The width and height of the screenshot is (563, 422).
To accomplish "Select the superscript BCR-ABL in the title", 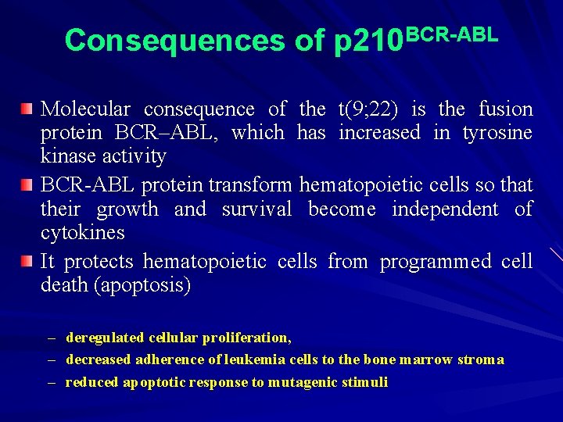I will tap(452, 33).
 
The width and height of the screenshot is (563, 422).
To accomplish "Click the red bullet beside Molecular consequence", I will tap(27, 108).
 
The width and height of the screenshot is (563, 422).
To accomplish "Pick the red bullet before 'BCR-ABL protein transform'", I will tap(27, 184).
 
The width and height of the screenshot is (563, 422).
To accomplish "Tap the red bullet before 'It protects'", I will tap(27, 261).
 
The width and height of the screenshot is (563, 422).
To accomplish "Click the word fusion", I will tap(505, 109).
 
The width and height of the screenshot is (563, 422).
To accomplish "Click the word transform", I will tap(250, 185).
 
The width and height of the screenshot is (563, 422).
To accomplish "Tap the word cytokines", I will tap(82, 233).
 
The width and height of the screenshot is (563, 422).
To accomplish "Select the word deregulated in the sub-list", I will tap(105, 338).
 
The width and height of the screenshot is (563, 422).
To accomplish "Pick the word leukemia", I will tap(253, 359).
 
